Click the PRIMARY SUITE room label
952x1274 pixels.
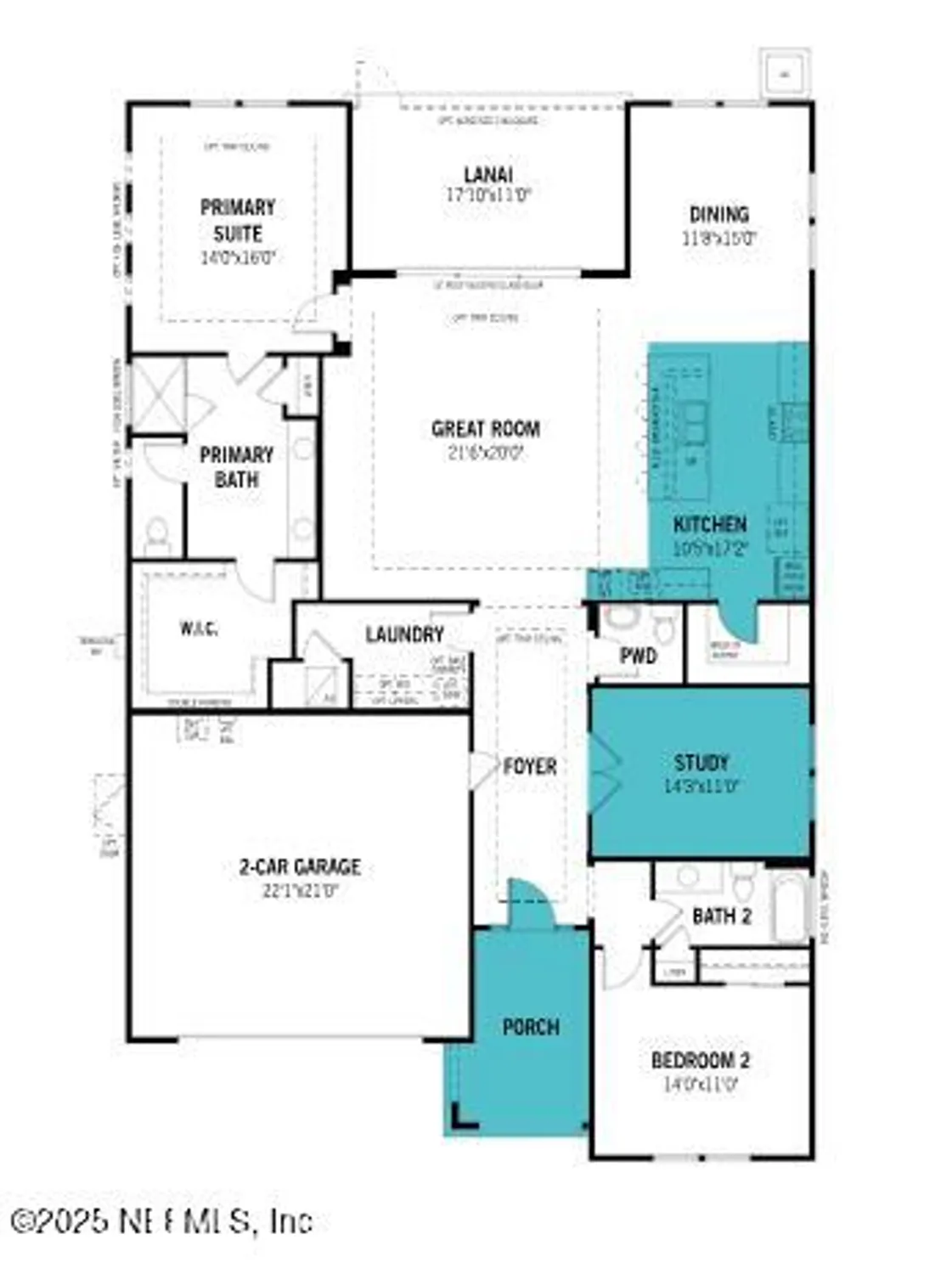coord(237,220)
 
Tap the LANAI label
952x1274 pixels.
coord(487,175)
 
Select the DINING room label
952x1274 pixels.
coord(718,214)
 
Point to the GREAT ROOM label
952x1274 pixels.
coord(485,429)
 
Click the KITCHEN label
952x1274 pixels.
coord(710,524)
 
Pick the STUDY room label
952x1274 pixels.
coord(701,762)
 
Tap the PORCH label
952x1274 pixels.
coord(531,1028)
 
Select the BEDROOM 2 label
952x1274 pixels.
coord(700,1060)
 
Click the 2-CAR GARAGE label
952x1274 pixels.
coord(300,867)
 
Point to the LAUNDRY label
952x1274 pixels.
coord(404,634)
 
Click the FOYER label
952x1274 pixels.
coord(530,767)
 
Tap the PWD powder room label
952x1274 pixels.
coord(638,656)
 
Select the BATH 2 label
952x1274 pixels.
coord(722,916)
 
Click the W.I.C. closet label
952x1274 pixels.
coord(198,629)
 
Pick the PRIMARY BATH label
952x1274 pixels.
coord(236,466)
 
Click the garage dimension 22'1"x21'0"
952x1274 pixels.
coord(300,891)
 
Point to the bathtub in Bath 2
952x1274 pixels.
coord(789,909)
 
